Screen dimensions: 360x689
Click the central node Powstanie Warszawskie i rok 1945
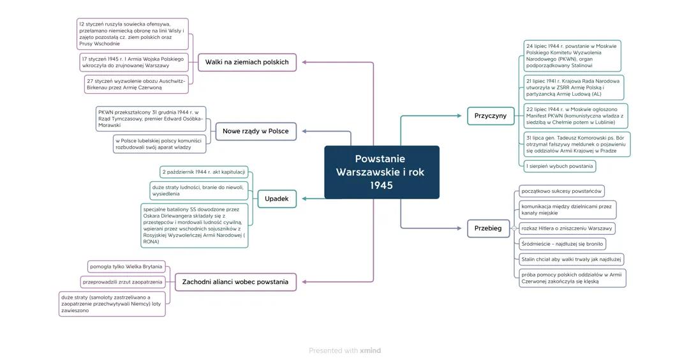point(382,172)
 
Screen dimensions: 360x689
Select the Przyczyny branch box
point(490,116)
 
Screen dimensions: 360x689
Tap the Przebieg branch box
point(487,228)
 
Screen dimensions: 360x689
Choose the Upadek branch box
point(276,199)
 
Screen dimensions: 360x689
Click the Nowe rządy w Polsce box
point(255,131)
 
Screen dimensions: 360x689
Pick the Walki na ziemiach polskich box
point(247,62)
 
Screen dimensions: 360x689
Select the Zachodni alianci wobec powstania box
point(235,281)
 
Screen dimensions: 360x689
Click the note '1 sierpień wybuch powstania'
point(559,166)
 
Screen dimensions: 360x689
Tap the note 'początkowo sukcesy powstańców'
point(561,191)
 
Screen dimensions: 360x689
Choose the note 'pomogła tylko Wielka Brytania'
point(126,266)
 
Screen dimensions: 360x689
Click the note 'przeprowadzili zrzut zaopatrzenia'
point(122,281)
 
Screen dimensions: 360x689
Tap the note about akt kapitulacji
point(204,172)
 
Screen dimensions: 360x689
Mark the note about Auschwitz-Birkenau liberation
point(136,84)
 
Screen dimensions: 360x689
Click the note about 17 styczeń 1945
point(134,62)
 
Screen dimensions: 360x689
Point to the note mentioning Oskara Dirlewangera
point(194,225)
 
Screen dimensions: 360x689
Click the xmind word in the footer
point(370,350)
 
